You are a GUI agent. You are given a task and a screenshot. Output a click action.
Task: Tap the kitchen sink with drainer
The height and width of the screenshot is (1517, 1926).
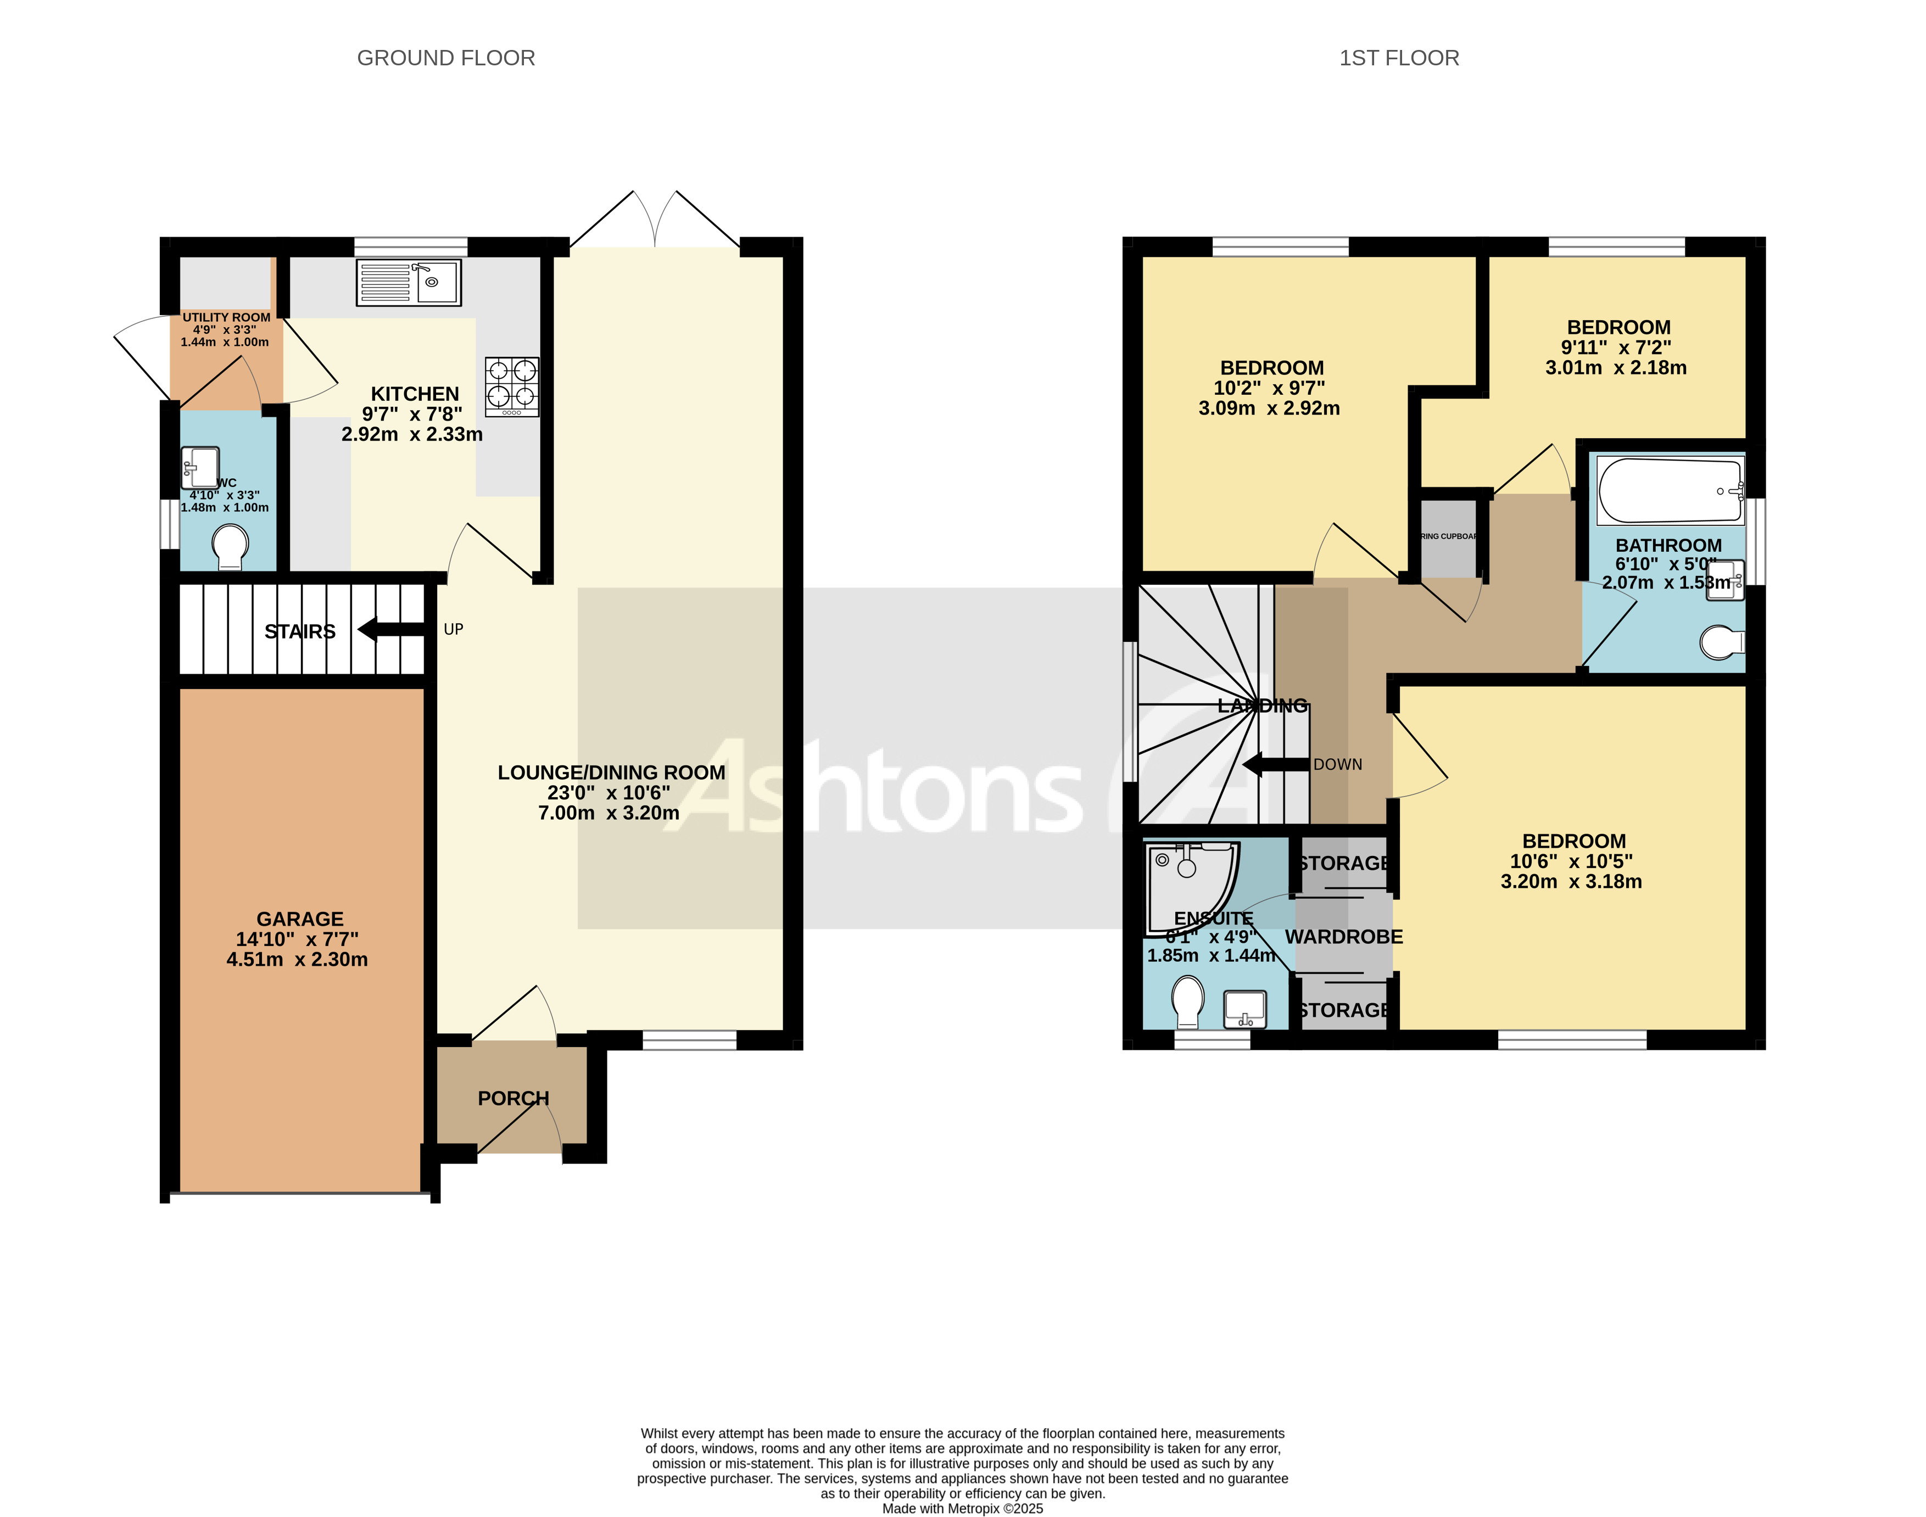tap(409, 282)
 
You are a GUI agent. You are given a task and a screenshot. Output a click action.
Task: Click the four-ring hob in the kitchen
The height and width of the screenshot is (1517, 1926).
tap(512, 387)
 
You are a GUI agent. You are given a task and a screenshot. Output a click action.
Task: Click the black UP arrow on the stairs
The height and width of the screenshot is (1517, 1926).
tap(391, 630)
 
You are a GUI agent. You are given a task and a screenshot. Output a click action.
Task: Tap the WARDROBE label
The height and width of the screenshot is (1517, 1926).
tap(1343, 937)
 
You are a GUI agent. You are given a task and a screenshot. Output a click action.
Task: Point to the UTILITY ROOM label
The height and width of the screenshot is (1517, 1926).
tap(226, 317)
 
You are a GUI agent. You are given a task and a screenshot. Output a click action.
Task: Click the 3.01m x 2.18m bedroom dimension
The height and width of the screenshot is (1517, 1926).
tap(1615, 368)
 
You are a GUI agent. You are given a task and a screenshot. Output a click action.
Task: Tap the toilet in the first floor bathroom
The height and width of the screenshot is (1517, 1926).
tap(1721, 643)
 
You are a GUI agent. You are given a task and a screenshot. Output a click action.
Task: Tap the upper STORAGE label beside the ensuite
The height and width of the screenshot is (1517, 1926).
tap(1343, 863)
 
